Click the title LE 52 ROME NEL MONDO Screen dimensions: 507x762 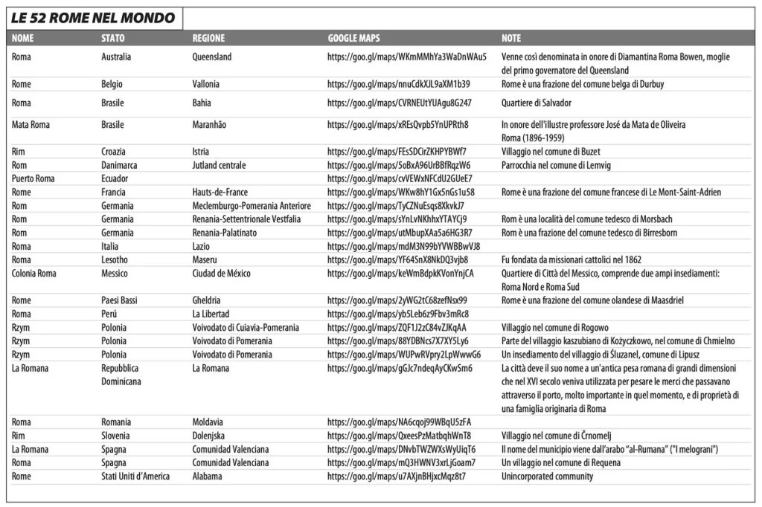93,18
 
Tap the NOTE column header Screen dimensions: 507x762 511,38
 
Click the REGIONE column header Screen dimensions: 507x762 209,38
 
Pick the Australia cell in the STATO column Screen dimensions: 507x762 116,56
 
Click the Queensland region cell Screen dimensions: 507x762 212,56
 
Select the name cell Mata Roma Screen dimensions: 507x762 31,125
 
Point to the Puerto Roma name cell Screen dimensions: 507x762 33,178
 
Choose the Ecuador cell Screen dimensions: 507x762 115,178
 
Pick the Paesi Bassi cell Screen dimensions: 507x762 121,300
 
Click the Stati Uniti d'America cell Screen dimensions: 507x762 135,476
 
